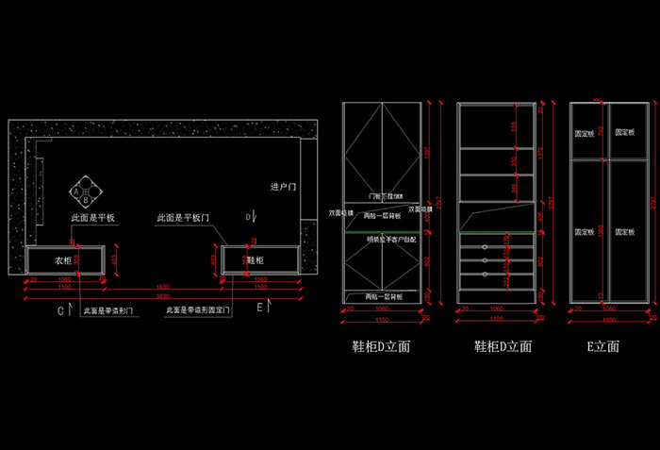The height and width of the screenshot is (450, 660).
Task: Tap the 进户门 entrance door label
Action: coord(283,187)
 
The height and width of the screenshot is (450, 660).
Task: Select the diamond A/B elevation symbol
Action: coord(85,192)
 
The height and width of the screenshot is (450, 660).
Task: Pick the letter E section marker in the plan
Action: coord(259,308)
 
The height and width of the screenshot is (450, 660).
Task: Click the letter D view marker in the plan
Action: coord(248,217)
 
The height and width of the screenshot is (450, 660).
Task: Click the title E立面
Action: coord(602,346)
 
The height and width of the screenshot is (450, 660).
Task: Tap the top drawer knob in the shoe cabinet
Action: coord(485,247)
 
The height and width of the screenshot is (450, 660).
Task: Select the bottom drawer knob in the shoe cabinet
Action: coord(485,274)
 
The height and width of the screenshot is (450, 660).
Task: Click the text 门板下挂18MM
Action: coord(385,196)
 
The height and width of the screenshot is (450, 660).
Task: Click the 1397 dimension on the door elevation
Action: coord(426,151)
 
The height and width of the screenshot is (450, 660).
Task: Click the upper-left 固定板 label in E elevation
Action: coord(585,133)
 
